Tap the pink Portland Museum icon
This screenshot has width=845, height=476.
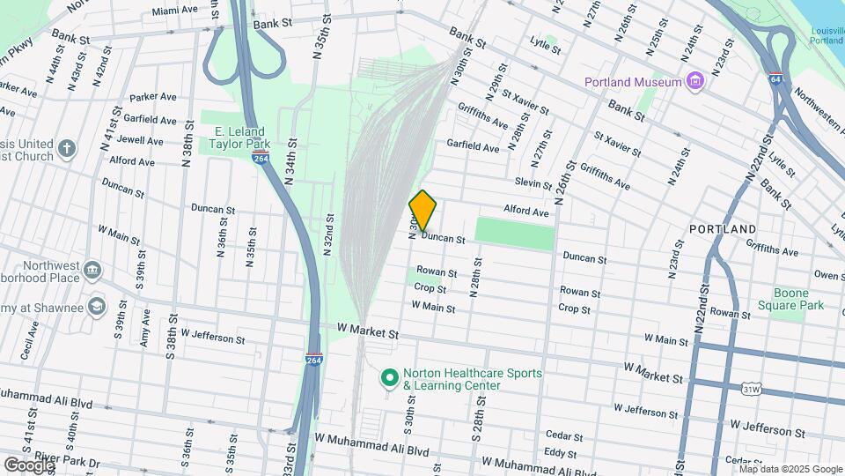click(x=695, y=82)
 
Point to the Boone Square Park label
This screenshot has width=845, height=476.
click(x=798, y=299)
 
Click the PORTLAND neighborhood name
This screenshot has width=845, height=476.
click(x=723, y=227)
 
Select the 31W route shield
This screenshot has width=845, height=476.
click(x=751, y=388)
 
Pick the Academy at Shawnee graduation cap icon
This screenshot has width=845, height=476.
click(x=95, y=307)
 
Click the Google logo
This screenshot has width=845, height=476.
click(x=28, y=465)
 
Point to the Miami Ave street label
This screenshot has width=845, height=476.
click(x=174, y=11)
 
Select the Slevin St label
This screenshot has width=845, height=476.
click(x=533, y=182)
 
